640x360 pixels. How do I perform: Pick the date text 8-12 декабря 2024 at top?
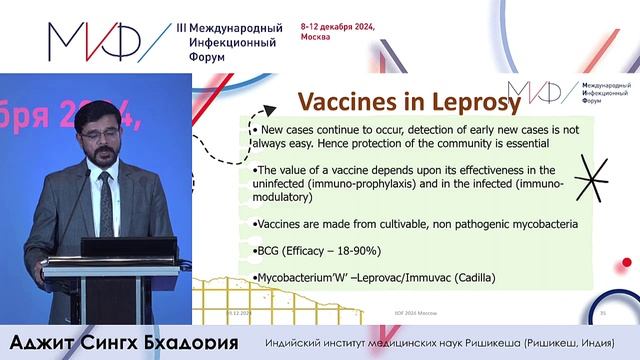coord(337,27)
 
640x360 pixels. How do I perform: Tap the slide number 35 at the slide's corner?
coord(603,313)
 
